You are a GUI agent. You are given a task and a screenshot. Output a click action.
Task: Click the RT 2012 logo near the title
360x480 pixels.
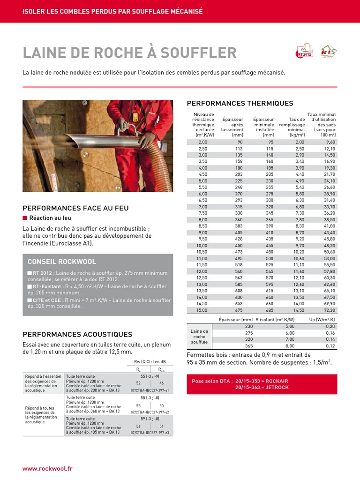[x=304, y=52]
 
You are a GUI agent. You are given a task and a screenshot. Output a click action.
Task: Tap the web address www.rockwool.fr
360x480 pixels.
[x=47, y=469]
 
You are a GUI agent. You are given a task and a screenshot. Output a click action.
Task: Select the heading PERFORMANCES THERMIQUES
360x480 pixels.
[x=240, y=104]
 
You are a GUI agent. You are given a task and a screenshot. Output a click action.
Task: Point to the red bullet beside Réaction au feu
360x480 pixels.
[x=25, y=218]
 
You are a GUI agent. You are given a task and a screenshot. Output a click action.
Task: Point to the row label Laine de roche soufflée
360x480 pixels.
[x=199, y=337]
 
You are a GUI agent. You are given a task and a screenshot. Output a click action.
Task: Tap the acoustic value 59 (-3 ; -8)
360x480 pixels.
[x=150, y=419]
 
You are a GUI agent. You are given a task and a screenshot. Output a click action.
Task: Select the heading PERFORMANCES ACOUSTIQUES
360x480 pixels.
[x=77, y=335]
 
